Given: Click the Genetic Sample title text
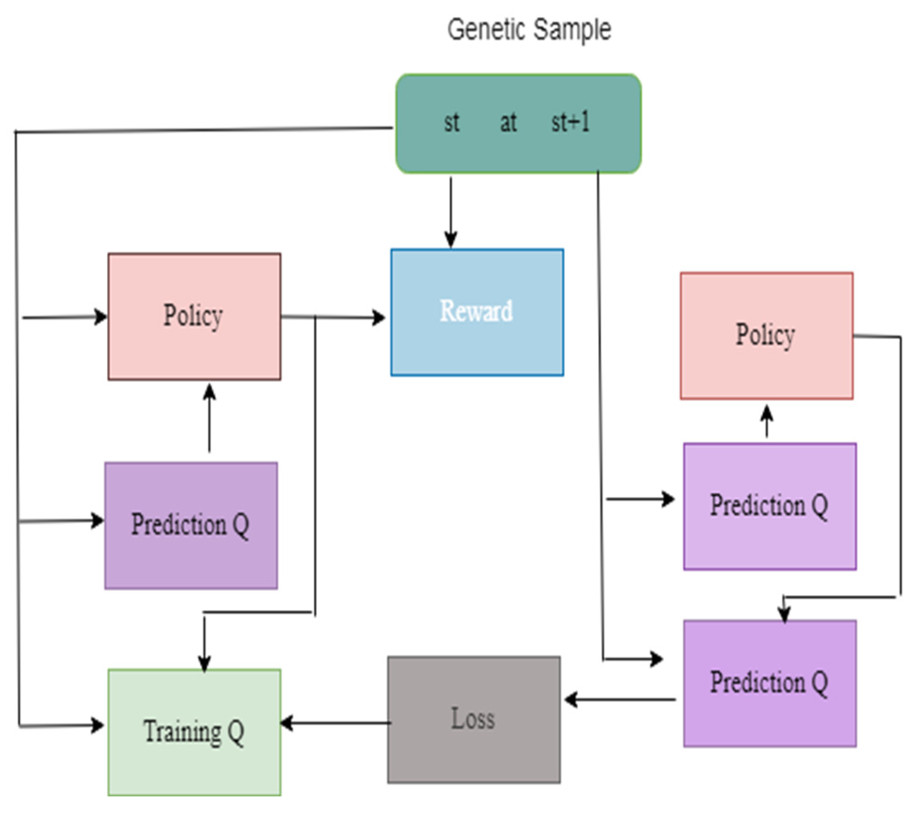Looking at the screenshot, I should (x=529, y=29).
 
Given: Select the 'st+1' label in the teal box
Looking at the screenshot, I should (x=570, y=122).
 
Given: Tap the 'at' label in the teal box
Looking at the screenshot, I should (x=508, y=123).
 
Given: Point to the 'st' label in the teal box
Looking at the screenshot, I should (x=451, y=123).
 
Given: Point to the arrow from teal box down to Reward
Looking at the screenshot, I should (x=451, y=210).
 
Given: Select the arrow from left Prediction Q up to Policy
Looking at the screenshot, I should (x=210, y=418).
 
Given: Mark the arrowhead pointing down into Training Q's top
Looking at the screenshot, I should (x=204, y=662).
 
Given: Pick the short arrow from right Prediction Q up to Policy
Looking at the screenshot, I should (x=766, y=421).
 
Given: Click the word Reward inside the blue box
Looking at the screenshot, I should (x=476, y=311).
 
